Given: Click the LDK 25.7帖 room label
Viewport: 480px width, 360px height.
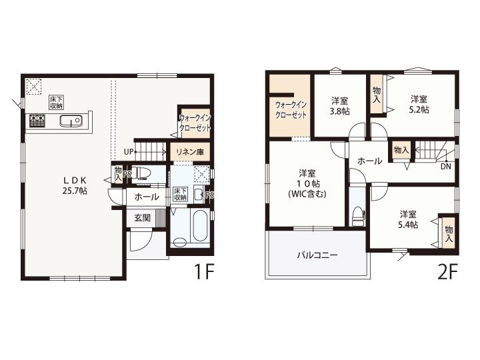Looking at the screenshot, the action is click(75, 185).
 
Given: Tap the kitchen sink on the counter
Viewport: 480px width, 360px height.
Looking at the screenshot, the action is click(71, 120).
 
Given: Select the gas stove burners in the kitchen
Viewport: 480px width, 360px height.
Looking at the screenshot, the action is click(37, 120).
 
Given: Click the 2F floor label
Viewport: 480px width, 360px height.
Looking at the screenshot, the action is click(447, 271).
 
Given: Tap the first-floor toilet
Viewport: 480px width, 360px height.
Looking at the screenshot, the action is click(143, 173).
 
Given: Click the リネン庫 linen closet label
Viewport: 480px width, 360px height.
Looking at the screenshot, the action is click(190, 152).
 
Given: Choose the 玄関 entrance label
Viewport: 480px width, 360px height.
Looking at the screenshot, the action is click(143, 218).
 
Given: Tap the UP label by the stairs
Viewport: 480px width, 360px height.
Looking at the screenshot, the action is click(129, 151).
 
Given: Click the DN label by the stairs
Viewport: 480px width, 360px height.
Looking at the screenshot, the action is click(446, 167).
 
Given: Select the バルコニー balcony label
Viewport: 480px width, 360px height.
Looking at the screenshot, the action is click(317, 255).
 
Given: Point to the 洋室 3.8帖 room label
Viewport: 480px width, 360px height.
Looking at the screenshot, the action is click(340, 106).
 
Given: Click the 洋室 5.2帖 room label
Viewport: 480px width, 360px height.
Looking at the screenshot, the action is click(419, 105).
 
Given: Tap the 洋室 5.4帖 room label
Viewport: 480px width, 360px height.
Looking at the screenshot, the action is click(408, 219).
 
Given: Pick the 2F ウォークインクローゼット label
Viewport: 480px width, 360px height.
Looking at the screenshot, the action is click(291, 110).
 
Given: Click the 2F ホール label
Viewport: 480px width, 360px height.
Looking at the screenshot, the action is click(370, 161).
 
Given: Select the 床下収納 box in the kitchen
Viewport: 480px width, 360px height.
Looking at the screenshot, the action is click(57, 103).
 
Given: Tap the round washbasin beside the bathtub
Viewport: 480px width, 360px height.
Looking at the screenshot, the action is click(180, 243).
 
